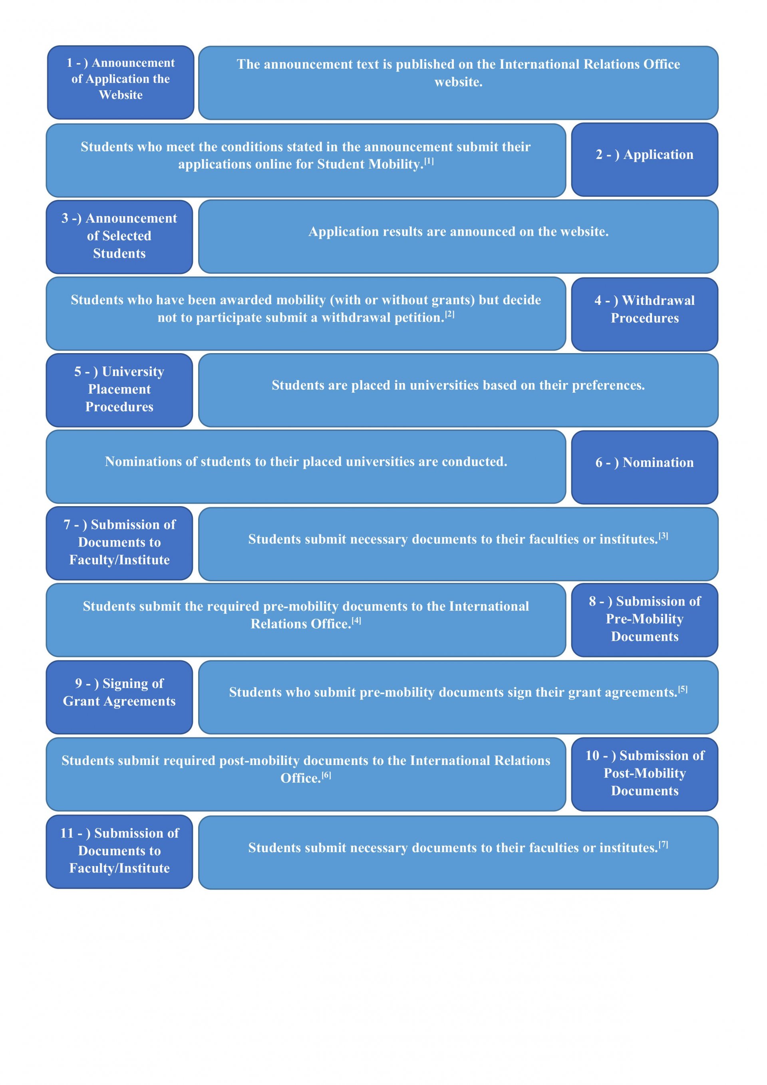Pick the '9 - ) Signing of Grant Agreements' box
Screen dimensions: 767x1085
coord(119,697)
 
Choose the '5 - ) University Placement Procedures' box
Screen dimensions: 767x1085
coord(119,390)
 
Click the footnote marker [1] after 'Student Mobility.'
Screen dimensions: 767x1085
coord(429,161)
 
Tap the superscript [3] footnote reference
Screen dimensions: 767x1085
coord(663,535)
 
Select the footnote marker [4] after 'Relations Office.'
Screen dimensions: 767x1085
coord(356,620)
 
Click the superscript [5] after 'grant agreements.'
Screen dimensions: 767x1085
coord(682,689)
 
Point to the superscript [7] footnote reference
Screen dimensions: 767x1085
coord(663,844)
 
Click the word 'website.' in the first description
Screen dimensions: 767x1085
coord(459,82)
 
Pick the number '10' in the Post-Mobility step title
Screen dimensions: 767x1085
coord(592,756)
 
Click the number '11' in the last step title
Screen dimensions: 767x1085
coord(67,833)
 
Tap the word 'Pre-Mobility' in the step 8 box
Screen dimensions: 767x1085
coord(645,619)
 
